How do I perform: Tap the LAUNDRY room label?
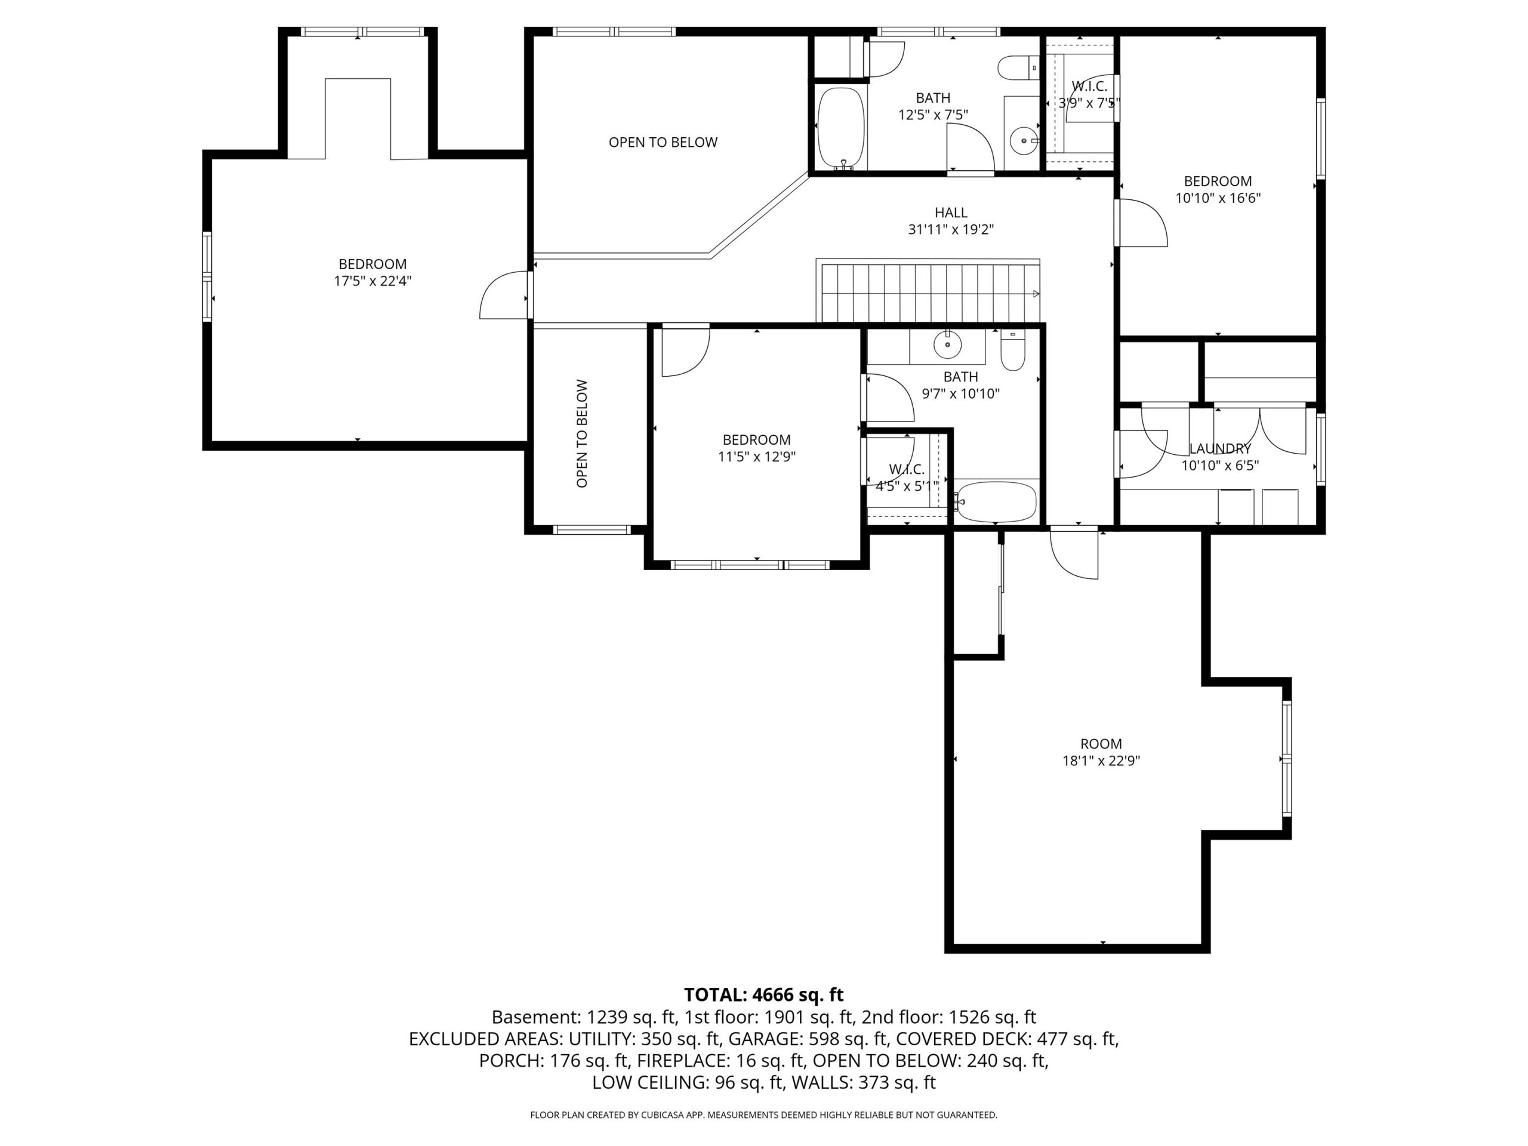pos(1220,449)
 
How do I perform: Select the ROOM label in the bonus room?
pos(1101,744)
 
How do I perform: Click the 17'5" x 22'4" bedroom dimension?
pos(373,281)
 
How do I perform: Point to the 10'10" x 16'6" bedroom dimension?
pos(1218,198)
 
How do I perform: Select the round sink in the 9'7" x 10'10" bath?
pos(948,344)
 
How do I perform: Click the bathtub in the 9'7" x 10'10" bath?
pos(996,501)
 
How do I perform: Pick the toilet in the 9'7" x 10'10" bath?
pos(1013,352)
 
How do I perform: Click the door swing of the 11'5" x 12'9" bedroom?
pos(685,352)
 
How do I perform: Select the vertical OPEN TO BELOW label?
pos(583,434)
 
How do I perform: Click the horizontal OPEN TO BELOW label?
pos(663,142)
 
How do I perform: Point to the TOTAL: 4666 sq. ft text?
pos(763,995)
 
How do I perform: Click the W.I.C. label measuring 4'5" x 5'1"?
pos(906,470)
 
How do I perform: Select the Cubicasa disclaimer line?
pos(764,1115)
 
